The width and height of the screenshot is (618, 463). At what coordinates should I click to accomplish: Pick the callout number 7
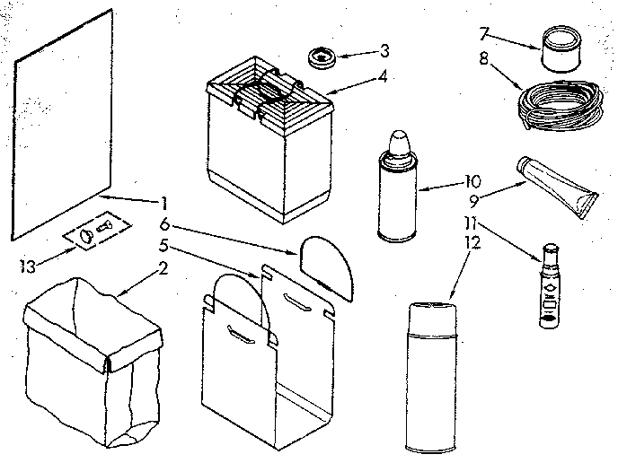tap(484, 34)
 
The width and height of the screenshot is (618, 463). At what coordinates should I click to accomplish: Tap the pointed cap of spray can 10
tap(398, 144)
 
